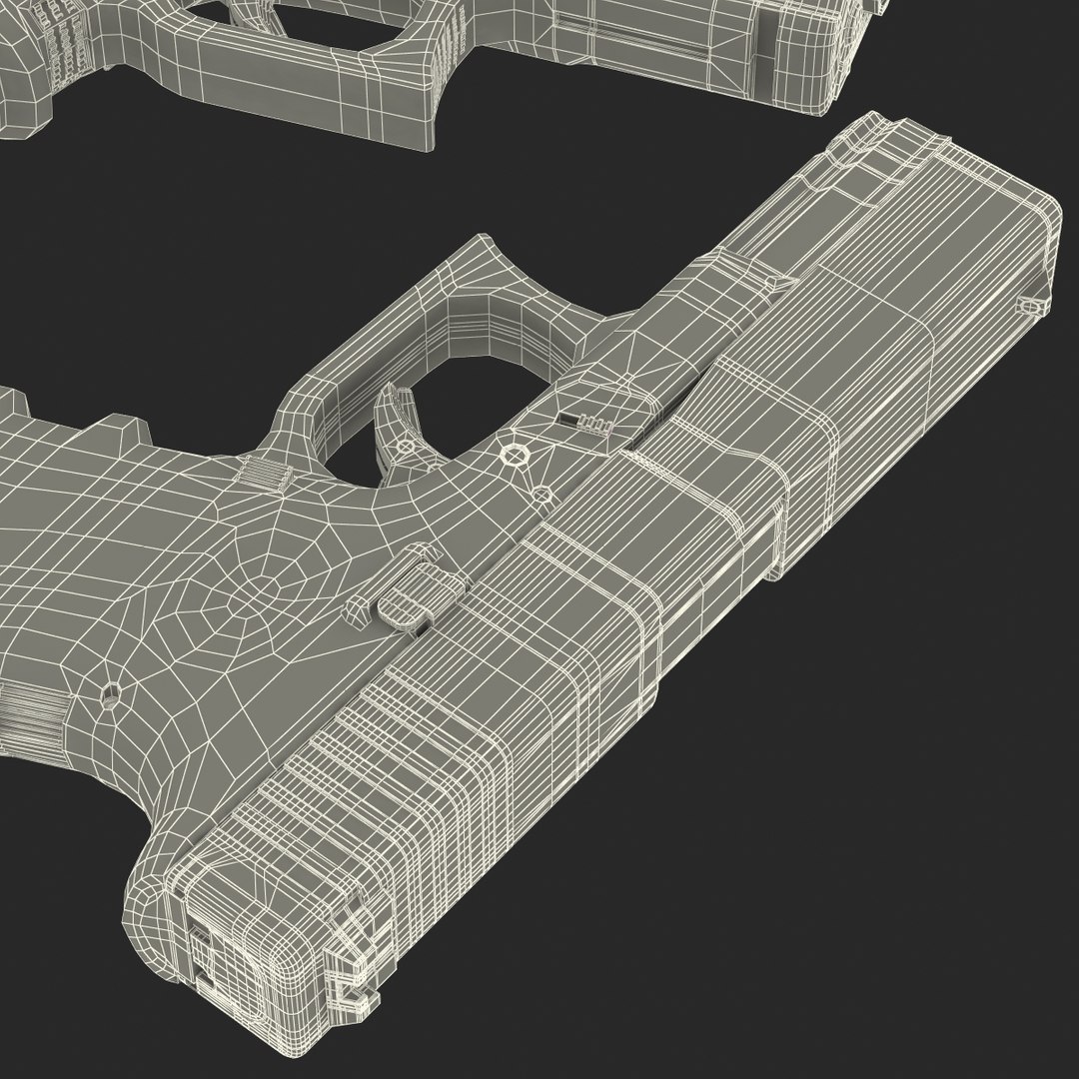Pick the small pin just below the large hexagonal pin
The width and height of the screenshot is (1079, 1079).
(x=540, y=494)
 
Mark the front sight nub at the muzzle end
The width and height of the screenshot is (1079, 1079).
(x=1028, y=304)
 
